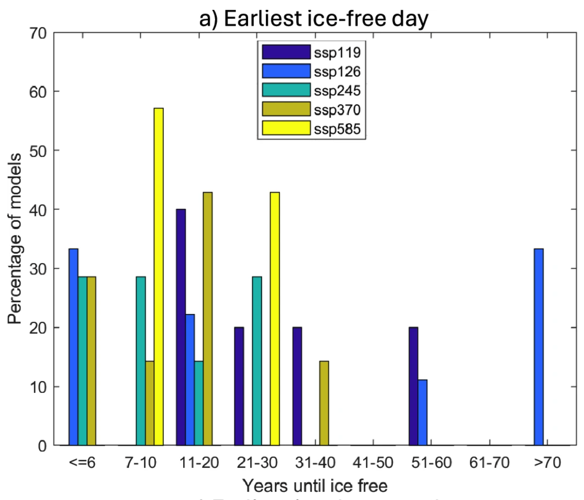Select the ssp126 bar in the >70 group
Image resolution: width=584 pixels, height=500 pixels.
pos(539,347)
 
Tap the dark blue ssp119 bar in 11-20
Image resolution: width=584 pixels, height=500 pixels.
pos(181,327)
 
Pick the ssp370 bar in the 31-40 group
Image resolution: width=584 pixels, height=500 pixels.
pos(324,403)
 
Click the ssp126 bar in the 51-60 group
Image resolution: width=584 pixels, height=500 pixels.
pos(422,413)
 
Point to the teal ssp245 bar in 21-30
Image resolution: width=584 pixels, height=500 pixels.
pos(257,361)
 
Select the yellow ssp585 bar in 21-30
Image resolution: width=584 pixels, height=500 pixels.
pos(275,319)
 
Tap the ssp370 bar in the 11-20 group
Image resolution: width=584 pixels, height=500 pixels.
pos(207,319)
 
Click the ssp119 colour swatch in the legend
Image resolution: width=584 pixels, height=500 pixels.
pos(286,52)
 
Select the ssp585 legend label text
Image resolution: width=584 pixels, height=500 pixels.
pos(337,129)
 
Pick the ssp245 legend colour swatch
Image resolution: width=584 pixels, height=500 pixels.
pos(286,90)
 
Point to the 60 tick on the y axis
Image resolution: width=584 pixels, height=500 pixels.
pos(38,92)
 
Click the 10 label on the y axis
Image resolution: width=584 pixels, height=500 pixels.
pos(38,387)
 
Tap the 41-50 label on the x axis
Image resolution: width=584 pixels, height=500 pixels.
pos(373,462)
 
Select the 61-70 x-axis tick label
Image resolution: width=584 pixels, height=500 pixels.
pos(490,462)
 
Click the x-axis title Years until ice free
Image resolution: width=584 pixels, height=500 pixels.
pos(315,486)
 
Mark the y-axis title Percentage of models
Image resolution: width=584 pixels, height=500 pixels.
pos(15,238)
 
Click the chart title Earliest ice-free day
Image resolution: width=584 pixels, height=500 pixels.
pos(314,19)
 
